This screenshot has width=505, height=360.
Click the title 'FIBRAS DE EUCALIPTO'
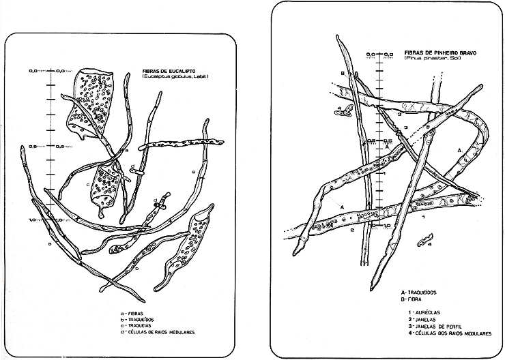(168, 70)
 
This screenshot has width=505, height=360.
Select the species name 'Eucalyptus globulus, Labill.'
(175, 76)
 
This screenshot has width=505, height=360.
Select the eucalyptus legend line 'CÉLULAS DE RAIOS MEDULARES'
(158, 332)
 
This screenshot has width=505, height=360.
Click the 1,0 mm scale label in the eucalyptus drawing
(31, 220)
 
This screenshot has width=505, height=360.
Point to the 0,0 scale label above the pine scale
(371, 53)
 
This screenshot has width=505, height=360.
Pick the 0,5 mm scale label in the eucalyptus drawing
(31, 146)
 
